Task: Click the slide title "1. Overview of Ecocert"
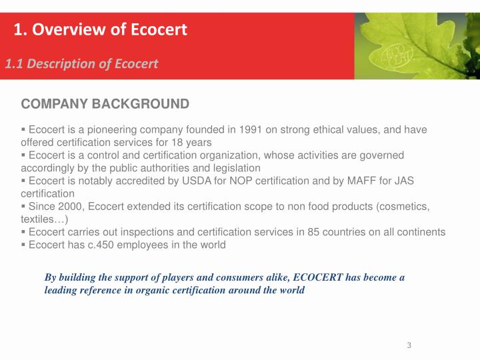(101, 29)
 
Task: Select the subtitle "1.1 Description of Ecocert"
(81, 63)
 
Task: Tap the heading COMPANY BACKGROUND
(105, 104)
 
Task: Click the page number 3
(409, 345)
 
